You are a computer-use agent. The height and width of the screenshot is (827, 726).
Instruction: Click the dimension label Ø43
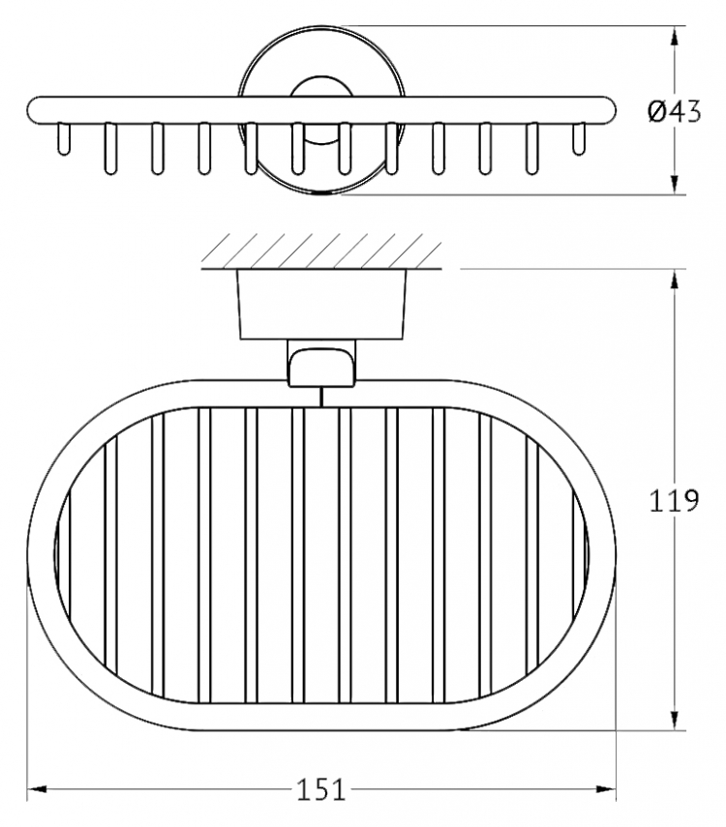pyautogui.click(x=675, y=112)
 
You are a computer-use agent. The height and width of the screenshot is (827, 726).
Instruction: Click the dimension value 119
pyautogui.click(x=674, y=500)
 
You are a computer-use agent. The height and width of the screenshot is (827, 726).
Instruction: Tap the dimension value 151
pyautogui.click(x=321, y=789)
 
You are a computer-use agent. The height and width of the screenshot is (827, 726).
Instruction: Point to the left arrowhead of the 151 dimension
pyautogui.click(x=37, y=789)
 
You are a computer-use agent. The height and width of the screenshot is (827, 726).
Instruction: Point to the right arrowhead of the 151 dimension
pyautogui.click(x=606, y=789)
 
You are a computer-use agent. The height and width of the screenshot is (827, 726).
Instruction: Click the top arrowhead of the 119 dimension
pyautogui.click(x=675, y=280)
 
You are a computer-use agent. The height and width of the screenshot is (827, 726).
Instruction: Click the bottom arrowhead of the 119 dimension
pyautogui.click(x=675, y=720)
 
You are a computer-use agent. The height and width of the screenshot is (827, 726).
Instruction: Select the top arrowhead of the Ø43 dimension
pyautogui.click(x=675, y=36)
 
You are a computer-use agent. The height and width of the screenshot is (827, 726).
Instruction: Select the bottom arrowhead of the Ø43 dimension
pyautogui.click(x=675, y=184)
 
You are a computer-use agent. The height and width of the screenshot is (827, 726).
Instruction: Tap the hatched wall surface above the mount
pyautogui.click(x=321, y=251)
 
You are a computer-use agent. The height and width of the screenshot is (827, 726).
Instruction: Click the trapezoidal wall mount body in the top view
pyautogui.click(x=321, y=304)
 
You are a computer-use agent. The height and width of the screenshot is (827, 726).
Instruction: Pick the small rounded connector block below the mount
pyautogui.click(x=321, y=364)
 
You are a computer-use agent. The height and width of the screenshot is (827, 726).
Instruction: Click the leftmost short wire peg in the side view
pyautogui.click(x=63, y=139)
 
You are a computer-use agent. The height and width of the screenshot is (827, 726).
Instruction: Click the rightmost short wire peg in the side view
pyautogui.click(x=579, y=139)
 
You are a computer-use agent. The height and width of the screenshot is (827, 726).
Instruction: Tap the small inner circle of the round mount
pyautogui.click(x=321, y=112)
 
